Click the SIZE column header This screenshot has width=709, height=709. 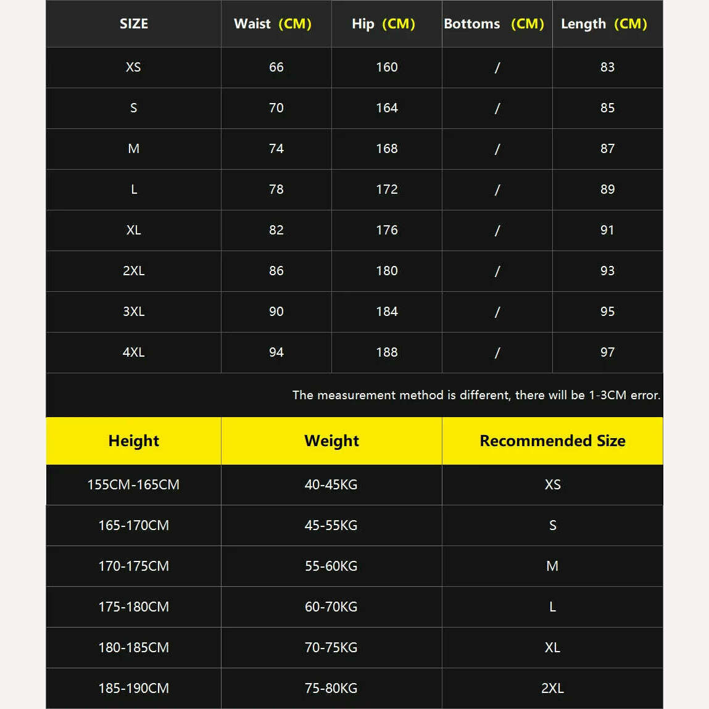pyautogui.click(x=133, y=24)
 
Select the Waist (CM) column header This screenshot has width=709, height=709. pyautogui.click(x=272, y=24)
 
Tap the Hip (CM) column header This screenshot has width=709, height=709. pyautogui.click(x=383, y=24)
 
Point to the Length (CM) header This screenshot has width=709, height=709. pyautogui.click(x=603, y=24)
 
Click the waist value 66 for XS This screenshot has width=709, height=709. pyautogui.click(x=276, y=67)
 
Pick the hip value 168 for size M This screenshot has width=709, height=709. pyautogui.click(x=387, y=149)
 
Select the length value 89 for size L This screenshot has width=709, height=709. pyautogui.click(x=607, y=189)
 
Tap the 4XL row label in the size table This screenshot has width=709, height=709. pyautogui.click(x=133, y=352)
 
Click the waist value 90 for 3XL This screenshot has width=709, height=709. pyautogui.click(x=276, y=312)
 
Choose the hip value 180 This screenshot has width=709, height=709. pyautogui.click(x=387, y=271)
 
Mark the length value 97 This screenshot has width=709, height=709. pyautogui.click(x=607, y=352)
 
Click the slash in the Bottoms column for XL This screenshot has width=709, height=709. pyautogui.click(x=497, y=230)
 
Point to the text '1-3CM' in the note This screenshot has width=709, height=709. pyautogui.click(x=607, y=395)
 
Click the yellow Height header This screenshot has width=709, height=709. pyautogui.click(x=133, y=441)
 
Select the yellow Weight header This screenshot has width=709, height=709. pyautogui.click(x=331, y=441)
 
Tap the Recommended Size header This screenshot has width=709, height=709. pyautogui.click(x=552, y=441)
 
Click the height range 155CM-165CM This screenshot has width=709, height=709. pyautogui.click(x=133, y=484)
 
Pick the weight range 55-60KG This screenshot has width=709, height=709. pyautogui.click(x=331, y=566)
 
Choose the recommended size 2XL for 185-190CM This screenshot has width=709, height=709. pyautogui.click(x=552, y=688)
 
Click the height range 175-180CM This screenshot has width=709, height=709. pyautogui.click(x=133, y=607)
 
